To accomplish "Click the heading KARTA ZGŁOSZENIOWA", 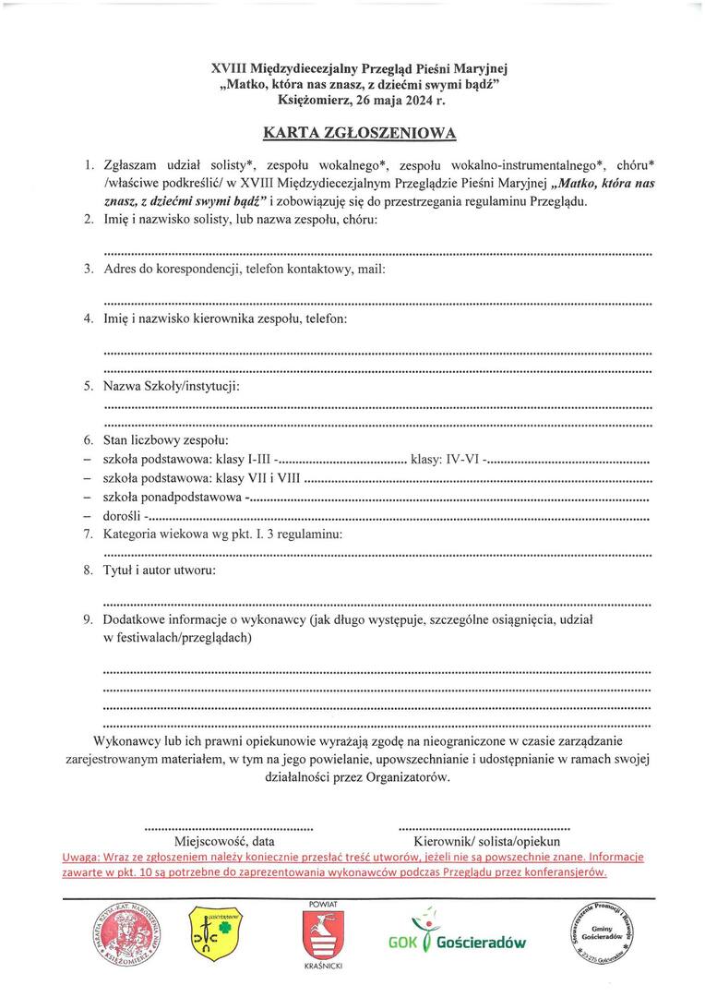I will [x=359, y=133].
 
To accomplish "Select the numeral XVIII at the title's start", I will [x=230, y=68].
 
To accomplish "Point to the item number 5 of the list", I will [x=89, y=385].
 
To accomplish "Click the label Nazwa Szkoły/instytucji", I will [x=172, y=385].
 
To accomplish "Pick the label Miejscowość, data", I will [x=224, y=842].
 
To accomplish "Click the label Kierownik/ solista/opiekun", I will [x=486, y=842].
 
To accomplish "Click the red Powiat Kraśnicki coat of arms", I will [x=324, y=932].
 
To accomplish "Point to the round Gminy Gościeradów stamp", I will [x=599, y=931].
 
